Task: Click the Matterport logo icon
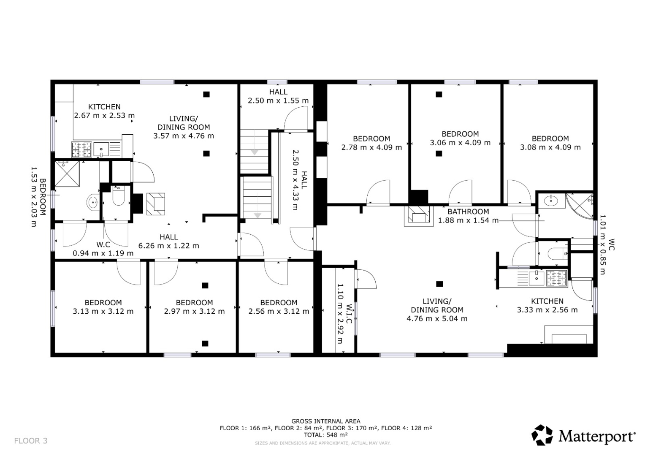click(542, 435)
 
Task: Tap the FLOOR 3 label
click(31, 440)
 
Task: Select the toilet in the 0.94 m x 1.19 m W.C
click(118, 195)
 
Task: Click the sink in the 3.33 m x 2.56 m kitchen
click(536, 278)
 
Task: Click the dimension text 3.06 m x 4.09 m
click(460, 143)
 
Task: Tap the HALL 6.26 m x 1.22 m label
click(169, 242)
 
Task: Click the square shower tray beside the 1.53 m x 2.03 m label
click(67, 174)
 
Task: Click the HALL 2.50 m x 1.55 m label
click(278, 96)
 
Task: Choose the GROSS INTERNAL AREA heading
click(326, 421)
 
